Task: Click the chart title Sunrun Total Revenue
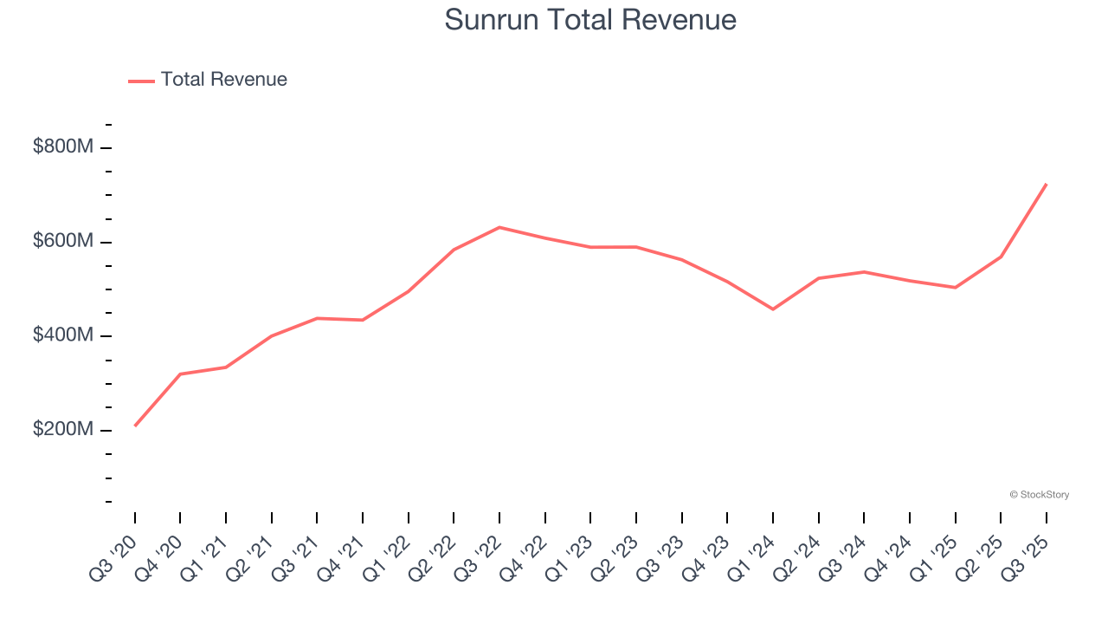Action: click(x=590, y=20)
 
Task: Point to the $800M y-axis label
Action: click(x=63, y=147)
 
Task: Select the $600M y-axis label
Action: click(x=63, y=242)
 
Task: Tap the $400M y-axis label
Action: click(x=63, y=336)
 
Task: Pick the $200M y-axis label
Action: click(x=63, y=431)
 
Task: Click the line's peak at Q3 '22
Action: click(x=499, y=227)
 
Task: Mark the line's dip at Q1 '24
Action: click(x=773, y=309)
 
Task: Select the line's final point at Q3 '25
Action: click(x=1047, y=184)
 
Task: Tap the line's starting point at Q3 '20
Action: click(x=135, y=426)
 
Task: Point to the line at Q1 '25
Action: click(x=955, y=288)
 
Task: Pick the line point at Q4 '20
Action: click(x=180, y=374)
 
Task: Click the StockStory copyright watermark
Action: click(x=1039, y=495)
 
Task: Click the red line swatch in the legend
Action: click(x=141, y=81)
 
